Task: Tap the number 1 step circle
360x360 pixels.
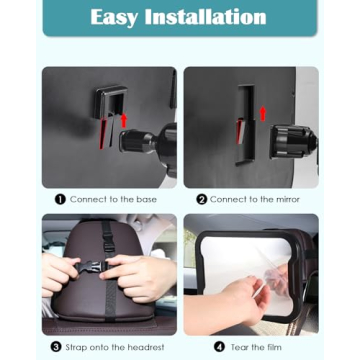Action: [60, 199]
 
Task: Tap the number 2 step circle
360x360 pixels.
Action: [201, 199]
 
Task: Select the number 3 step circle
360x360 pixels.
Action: [56, 346]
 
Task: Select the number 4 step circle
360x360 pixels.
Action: [219, 346]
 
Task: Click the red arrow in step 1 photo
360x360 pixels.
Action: [123, 120]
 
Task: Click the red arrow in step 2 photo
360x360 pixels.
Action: [263, 113]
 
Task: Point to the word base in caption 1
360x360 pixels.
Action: [145, 199]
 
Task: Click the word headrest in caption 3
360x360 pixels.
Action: [146, 346]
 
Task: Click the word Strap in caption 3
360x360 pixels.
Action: [78, 346]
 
